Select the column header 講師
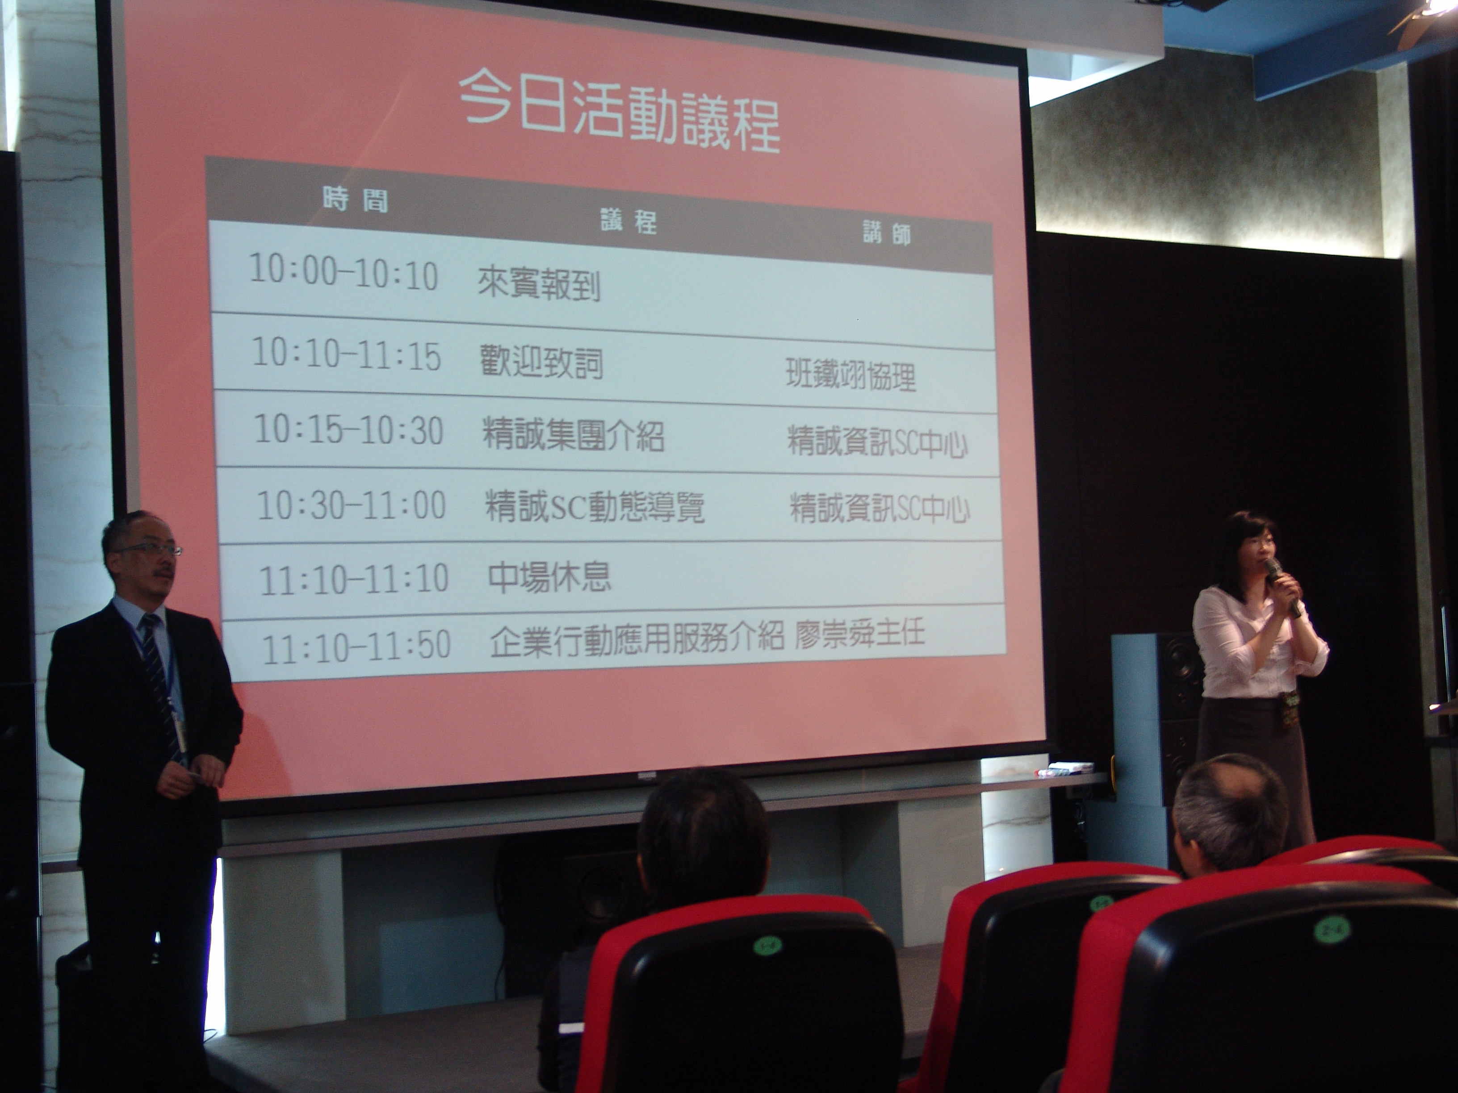887,233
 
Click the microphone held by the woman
1282,585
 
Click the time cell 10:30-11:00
351,505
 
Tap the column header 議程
628,221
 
